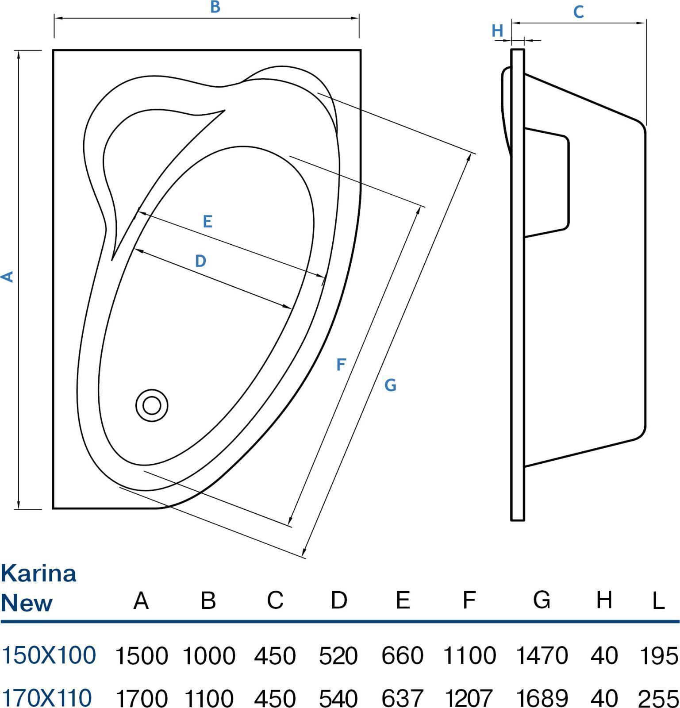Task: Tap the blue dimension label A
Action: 8,277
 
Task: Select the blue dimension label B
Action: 215,7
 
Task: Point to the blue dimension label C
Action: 578,12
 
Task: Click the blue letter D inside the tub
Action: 200,261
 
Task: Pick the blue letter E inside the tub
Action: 207,221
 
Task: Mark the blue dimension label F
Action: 340,365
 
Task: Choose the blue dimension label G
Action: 390,385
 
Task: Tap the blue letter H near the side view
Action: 497,31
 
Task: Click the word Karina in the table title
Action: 38,573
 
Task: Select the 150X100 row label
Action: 49,655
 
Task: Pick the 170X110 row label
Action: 47,697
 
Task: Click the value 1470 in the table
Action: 542,655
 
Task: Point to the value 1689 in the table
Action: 542,698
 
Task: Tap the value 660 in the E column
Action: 402,655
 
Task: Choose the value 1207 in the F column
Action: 469,698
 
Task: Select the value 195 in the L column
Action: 659,655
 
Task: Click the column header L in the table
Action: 659,601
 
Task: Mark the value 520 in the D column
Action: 338,655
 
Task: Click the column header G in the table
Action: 542,600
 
